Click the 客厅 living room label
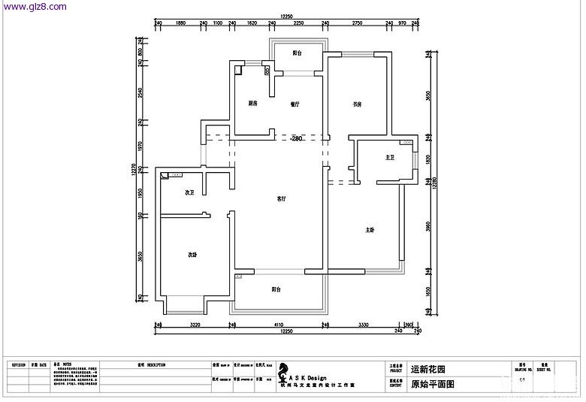280,199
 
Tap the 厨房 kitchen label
254,104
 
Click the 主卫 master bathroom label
390,158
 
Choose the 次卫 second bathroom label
190,193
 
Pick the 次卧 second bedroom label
192,255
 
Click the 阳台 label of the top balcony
298,53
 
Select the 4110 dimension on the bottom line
279,325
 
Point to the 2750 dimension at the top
356,24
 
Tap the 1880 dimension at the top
180,24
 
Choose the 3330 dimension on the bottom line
363,325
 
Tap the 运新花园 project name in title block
429,370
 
